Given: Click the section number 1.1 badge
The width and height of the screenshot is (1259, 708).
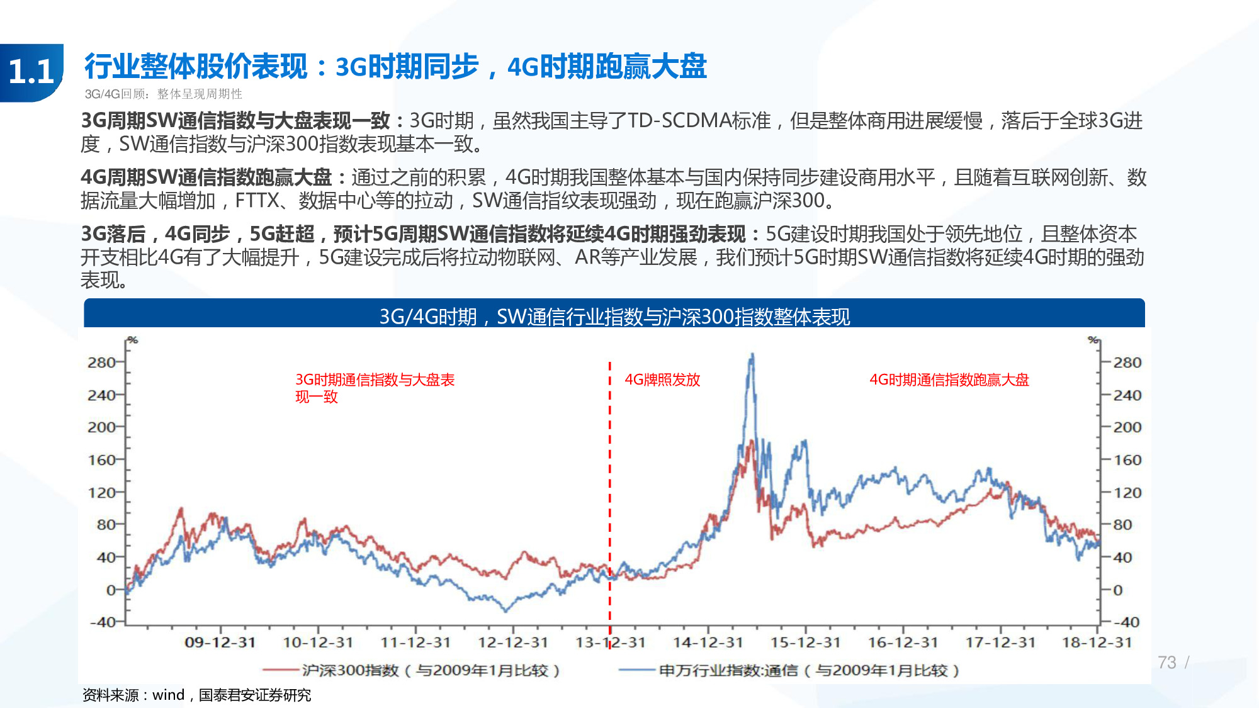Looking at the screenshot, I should point(31,72).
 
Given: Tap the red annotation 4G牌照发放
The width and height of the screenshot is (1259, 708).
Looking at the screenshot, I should point(662,379).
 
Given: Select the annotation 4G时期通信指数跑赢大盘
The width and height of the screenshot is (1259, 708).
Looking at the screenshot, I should point(949,379).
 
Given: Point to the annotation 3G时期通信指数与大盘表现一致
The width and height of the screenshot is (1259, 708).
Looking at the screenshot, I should point(375,388).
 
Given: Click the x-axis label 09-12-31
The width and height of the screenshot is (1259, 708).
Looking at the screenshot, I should point(220,643).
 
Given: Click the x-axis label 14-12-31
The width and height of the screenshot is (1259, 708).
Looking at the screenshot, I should point(708,643).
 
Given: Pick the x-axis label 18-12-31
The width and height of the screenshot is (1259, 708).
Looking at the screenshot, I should point(1097,643).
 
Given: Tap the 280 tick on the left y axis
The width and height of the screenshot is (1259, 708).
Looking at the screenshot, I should point(101,362).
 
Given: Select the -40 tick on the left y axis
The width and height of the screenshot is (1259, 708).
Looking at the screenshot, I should point(103,622).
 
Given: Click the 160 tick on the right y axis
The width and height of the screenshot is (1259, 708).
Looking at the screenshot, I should point(1127,460).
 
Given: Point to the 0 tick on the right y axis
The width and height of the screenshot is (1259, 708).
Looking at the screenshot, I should point(1118,590).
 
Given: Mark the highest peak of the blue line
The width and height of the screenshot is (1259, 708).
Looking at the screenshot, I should point(752,356).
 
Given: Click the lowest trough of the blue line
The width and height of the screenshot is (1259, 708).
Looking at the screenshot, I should point(505,610).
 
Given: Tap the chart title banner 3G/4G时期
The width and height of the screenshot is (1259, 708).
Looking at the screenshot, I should point(614,316).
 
